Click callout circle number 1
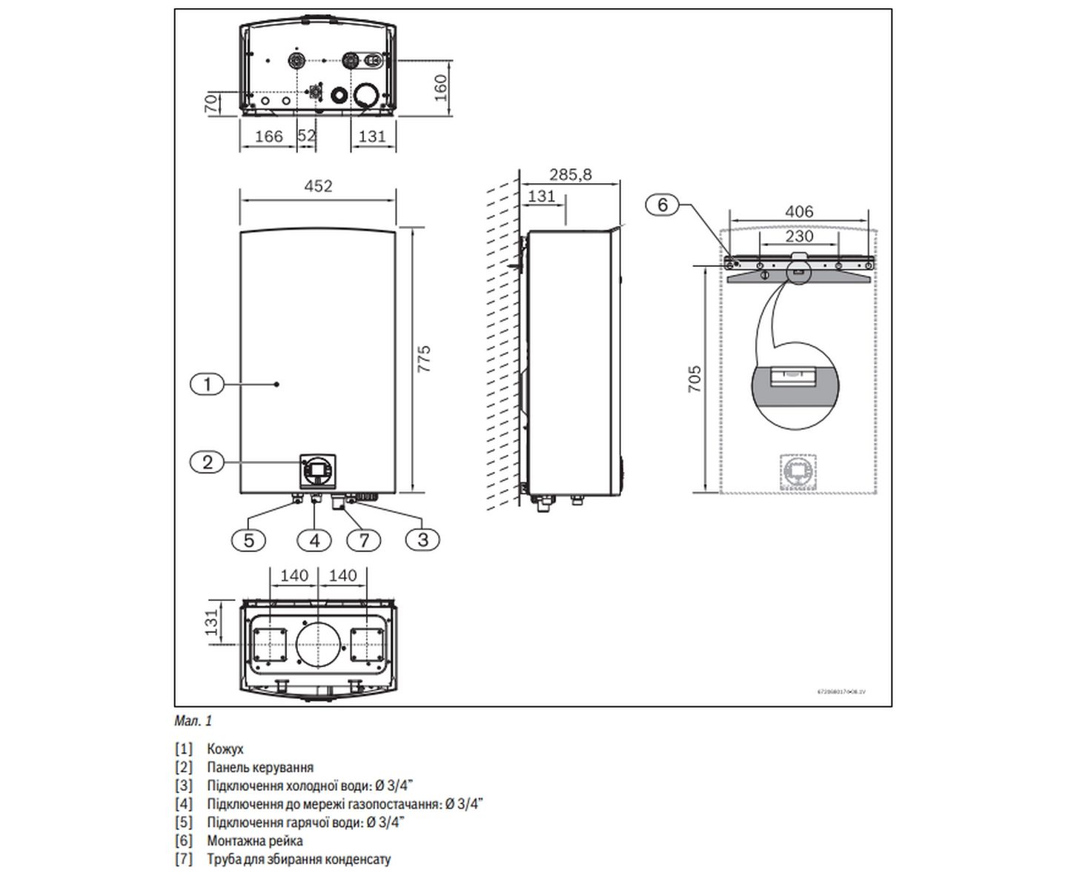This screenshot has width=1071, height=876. pos(208,384)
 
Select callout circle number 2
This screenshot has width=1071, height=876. pos(208,462)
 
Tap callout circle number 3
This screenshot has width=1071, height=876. pos(422,539)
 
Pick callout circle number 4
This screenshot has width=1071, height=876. pos(314,540)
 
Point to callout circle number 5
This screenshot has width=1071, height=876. pos(248,540)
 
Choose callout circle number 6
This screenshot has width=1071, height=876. pos(663,204)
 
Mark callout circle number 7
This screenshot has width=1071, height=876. pos(364,540)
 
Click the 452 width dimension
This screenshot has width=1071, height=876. pos(318,186)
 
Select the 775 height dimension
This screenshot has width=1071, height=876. pos(424,359)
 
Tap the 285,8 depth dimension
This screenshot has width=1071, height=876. pos(571,175)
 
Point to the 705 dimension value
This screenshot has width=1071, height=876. pos(694,379)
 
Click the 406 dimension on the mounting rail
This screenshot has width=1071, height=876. pos(799,212)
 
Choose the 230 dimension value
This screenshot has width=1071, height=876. pos(799,236)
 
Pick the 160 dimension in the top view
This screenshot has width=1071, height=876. pos(441,87)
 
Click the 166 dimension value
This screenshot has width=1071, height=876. pos(268,136)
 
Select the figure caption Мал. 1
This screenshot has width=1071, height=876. pos(193,720)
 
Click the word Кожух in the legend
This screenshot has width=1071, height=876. pos(225,749)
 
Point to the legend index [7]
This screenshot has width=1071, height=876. pos(183,860)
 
